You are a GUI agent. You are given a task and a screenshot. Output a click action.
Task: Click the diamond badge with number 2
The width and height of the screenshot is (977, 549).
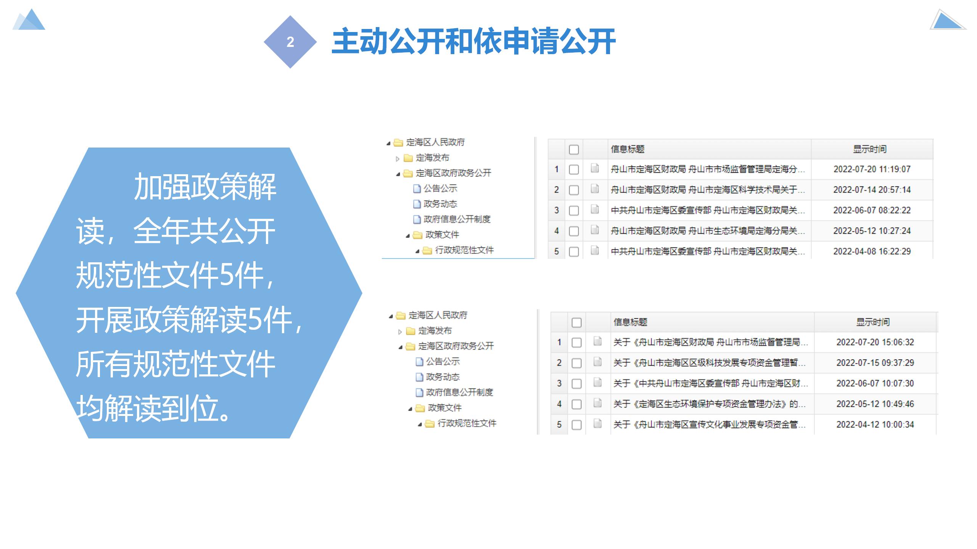click(x=290, y=42)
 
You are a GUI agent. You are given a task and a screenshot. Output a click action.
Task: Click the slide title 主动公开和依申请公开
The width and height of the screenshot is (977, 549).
click(x=473, y=41)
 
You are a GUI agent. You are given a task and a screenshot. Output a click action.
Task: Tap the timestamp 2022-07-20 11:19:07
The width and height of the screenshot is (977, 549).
click(x=872, y=169)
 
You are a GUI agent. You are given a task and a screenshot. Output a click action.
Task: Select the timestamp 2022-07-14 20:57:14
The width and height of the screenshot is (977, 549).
click(x=872, y=190)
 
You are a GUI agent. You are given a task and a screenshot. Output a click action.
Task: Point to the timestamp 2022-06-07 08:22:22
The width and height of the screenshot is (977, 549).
click(x=872, y=210)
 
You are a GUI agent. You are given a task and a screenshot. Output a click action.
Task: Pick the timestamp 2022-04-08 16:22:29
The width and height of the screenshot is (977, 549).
click(x=872, y=252)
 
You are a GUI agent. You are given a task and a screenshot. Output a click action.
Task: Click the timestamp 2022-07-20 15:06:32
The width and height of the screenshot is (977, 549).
click(x=875, y=342)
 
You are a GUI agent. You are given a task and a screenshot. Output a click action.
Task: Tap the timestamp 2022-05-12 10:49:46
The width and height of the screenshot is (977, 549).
click(x=875, y=404)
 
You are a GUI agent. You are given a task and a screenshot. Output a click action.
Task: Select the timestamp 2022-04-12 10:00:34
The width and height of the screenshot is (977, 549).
click(x=875, y=425)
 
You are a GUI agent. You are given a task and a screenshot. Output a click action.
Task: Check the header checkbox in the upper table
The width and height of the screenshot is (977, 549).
click(x=574, y=149)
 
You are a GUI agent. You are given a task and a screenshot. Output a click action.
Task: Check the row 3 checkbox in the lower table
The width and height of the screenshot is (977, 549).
click(x=576, y=384)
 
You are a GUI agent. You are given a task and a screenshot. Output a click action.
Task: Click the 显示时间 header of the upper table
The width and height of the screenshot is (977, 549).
click(x=870, y=149)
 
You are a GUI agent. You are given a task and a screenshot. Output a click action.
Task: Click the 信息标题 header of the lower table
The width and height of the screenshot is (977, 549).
click(x=630, y=322)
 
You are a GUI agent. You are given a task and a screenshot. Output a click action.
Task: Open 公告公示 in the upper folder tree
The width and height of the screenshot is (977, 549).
click(x=440, y=188)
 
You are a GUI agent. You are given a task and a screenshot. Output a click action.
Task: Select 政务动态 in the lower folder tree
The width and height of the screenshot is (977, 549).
click(x=443, y=377)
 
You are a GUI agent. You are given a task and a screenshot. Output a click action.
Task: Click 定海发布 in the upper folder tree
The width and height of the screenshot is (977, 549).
click(x=433, y=158)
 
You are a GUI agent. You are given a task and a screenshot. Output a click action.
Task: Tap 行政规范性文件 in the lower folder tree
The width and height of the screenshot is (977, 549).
click(x=467, y=423)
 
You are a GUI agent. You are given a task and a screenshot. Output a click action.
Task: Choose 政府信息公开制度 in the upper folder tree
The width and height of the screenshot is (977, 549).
click(x=457, y=219)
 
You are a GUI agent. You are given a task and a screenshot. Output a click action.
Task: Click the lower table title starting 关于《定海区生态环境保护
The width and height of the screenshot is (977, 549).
click(x=710, y=404)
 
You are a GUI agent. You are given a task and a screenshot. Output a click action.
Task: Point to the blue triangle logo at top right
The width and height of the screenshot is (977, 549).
click(x=948, y=20)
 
